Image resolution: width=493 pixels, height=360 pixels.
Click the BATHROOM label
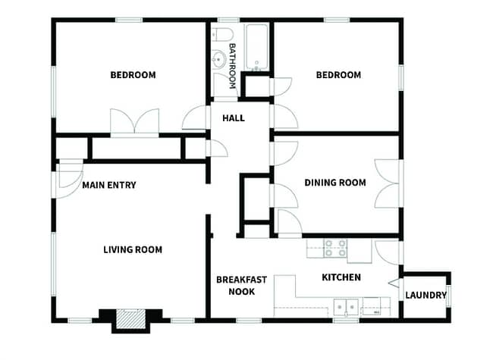233,58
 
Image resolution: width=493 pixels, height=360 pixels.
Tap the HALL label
233,118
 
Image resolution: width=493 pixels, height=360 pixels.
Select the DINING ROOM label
334,183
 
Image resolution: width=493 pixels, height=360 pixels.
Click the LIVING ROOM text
133,249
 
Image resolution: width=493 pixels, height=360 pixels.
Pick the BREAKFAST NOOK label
241,286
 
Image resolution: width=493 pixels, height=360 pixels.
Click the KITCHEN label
341,277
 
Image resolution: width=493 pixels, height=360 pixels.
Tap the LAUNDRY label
425,295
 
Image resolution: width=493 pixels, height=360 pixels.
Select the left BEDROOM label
133,75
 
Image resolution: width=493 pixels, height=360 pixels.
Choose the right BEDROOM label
338,75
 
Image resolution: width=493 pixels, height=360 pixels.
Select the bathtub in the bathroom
257,47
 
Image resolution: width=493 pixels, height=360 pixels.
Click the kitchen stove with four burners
335,249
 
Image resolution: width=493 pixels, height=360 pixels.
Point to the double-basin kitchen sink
346,307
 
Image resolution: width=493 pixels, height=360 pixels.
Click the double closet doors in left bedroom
134,123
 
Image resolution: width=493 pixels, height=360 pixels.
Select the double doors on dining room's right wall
388,183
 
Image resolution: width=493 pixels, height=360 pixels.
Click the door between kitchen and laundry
393,283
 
